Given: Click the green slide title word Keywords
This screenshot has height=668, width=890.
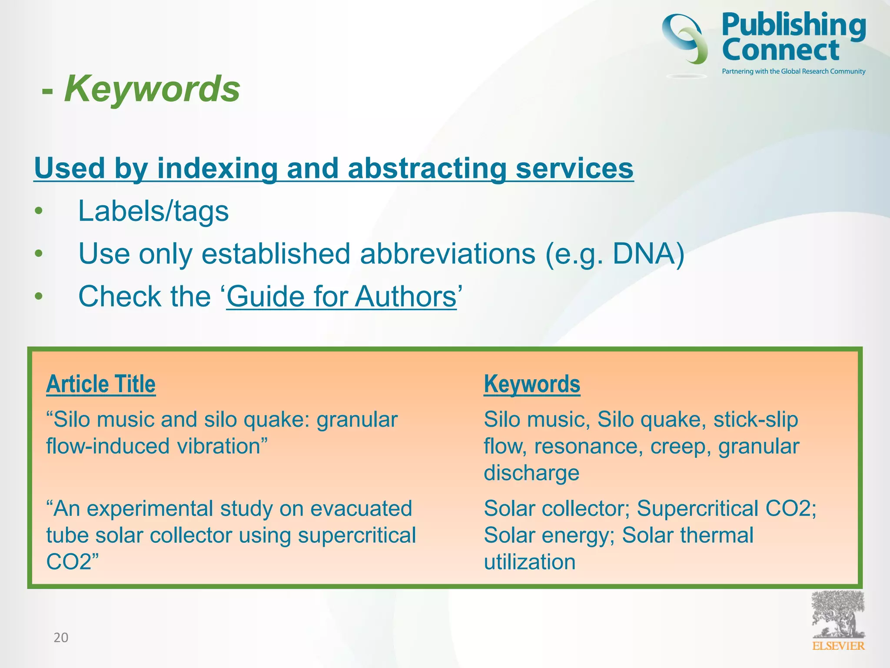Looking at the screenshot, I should click(x=152, y=89).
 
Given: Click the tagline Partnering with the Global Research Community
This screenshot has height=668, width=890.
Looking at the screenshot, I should click(x=794, y=71).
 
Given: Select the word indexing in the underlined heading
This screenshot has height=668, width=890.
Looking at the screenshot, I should click(x=217, y=168).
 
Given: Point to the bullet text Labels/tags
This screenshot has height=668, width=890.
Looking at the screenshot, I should click(x=153, y=211).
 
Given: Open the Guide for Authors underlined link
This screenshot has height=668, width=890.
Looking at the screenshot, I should click(x=341, y=297).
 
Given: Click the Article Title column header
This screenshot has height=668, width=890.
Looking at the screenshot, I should click(x=101, y=384).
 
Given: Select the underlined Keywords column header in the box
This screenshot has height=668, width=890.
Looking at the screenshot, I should click(x=532, y=384).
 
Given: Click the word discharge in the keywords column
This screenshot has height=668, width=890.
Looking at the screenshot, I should click(x=531, y=473).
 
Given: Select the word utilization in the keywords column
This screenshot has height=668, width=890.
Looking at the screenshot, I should click(x=530, y=562).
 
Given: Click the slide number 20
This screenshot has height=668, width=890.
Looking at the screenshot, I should click(x=61, y=638).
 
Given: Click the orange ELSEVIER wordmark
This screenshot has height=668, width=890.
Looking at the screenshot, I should click(x=838, y=646).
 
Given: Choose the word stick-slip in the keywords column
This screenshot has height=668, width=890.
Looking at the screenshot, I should click(x=756, y=420).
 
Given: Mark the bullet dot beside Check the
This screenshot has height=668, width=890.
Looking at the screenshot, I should click(x=39, y=297).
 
